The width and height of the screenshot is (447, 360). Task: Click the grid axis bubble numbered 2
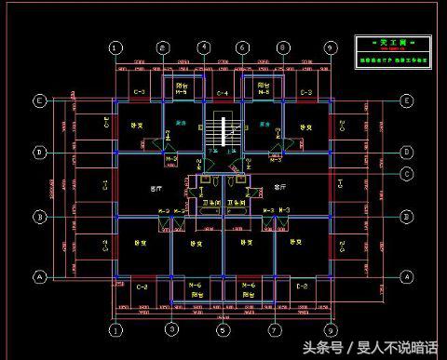point(162,48)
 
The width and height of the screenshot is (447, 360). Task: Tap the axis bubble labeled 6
point(242,48)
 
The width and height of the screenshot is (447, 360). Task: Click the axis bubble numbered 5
point(223,329)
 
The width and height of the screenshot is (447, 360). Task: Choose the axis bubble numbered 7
point(274,329)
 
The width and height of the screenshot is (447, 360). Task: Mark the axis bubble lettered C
point(407,174)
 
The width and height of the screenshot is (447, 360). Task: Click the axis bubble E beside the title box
point(406,100)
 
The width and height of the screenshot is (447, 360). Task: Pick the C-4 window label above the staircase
point(223,94)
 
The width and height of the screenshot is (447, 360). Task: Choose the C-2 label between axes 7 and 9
point(302,287)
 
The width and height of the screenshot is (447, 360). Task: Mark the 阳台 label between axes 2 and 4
point(183,84)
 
